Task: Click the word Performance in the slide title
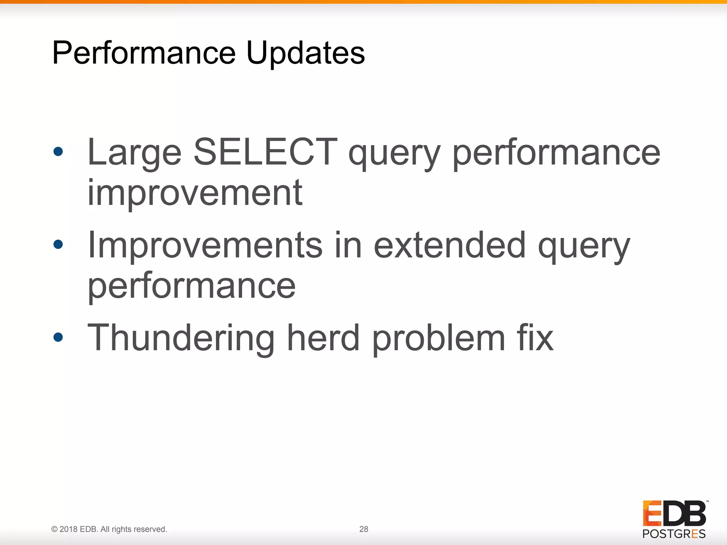(144, 53)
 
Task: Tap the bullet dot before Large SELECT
(58, 152)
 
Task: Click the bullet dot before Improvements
(58, 244)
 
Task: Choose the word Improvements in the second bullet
(205, 246)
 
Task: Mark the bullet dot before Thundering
(58, 337)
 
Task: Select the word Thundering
(181, 338)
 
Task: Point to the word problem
(438, 339)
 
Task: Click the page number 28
(363, 529)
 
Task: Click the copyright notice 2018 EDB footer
(109, 529)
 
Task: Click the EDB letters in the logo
(674, 513)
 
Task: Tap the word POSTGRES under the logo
(674, 534)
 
